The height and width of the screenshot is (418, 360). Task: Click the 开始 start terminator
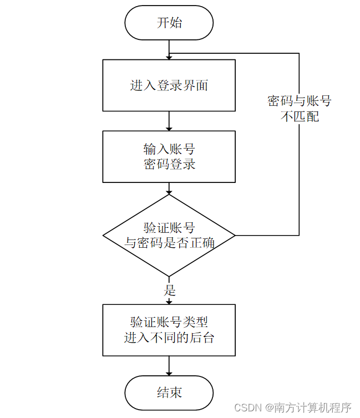169,23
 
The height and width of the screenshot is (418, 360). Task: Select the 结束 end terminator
169,393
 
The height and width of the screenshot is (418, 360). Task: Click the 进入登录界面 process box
169,85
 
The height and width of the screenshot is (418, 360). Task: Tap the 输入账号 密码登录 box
169,156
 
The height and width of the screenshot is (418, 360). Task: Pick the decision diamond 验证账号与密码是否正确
169,235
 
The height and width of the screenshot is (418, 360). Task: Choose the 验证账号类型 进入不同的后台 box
169,330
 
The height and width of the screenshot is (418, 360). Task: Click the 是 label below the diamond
170,290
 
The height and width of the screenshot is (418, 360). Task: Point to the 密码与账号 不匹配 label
299,109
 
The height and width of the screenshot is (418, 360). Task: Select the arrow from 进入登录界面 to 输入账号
169,121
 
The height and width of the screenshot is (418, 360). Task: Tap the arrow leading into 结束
169,366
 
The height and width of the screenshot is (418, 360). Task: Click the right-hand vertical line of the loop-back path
299,177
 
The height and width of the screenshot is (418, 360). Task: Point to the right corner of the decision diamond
235,236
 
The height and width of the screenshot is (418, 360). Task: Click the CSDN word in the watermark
249,408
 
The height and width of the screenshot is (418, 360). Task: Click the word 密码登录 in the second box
169,165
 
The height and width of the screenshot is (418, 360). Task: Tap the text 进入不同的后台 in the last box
169,338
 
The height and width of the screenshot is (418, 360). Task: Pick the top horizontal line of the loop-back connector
233,53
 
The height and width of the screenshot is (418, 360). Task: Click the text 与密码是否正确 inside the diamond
169,243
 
